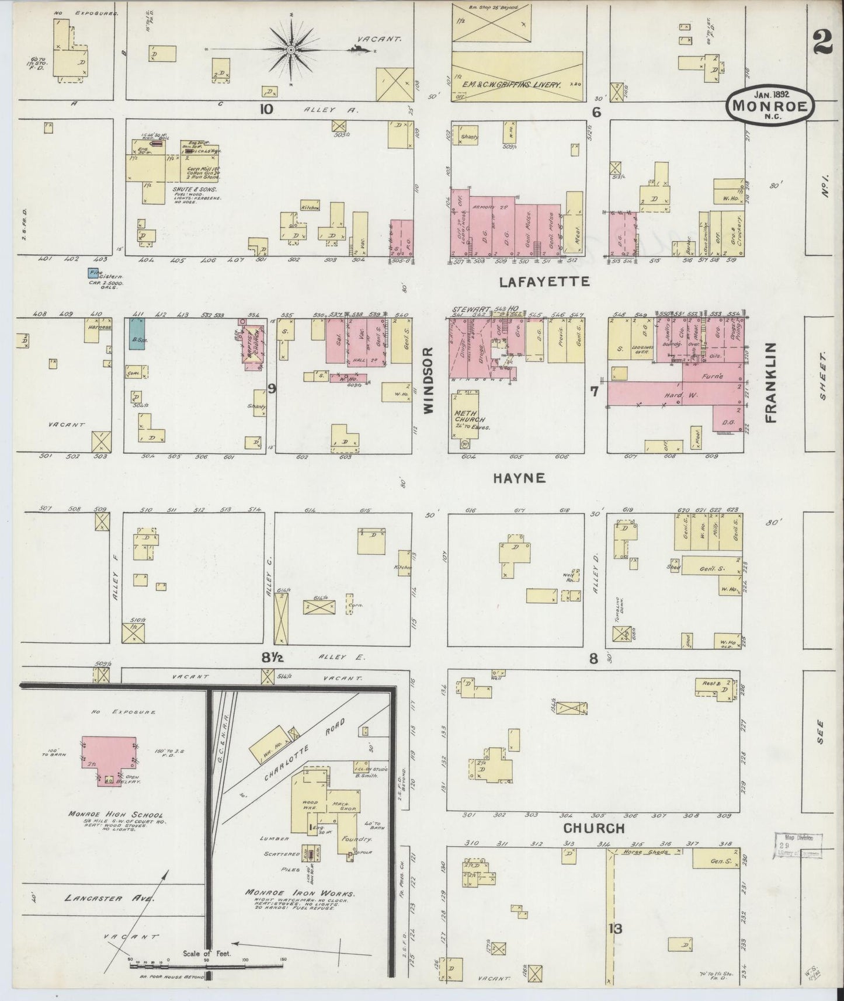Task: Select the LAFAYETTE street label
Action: (x=544, y=282)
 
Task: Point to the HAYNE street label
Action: (x=519, y=478)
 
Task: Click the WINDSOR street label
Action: (x=429, y=380)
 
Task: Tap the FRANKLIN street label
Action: (x=771, y=383)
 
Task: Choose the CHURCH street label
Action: (x=594, y=828)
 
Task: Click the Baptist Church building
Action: (x=252, y=346)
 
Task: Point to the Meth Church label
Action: (x=470, y=418)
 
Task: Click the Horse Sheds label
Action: (x=642, y=851)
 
